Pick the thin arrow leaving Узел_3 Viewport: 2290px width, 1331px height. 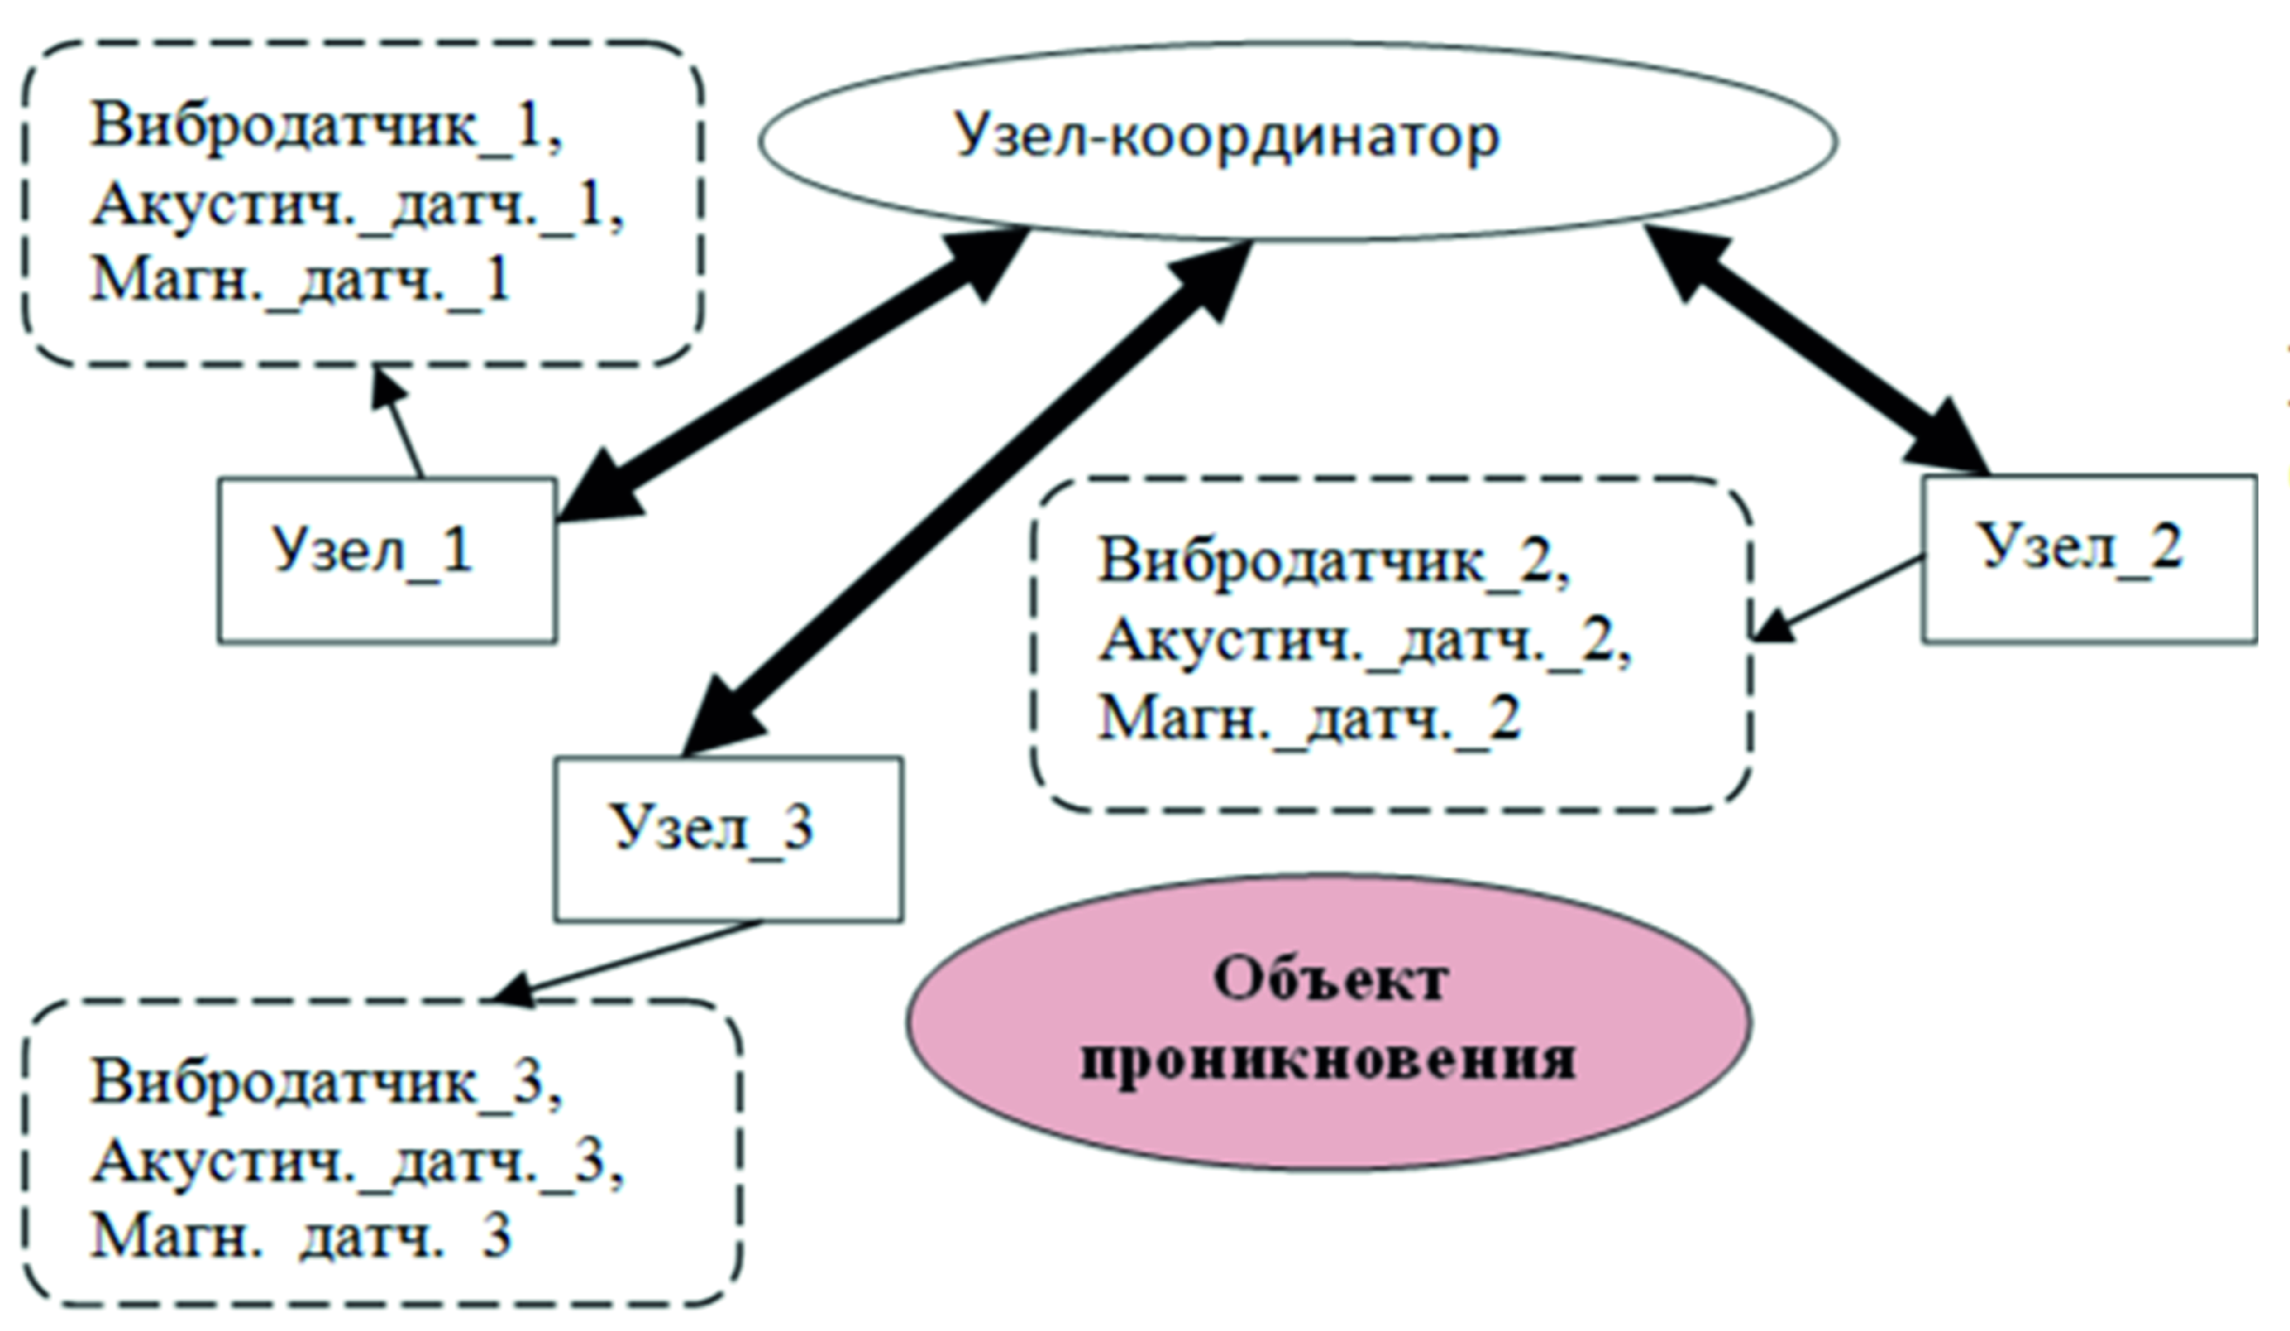(x=627, y=961)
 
